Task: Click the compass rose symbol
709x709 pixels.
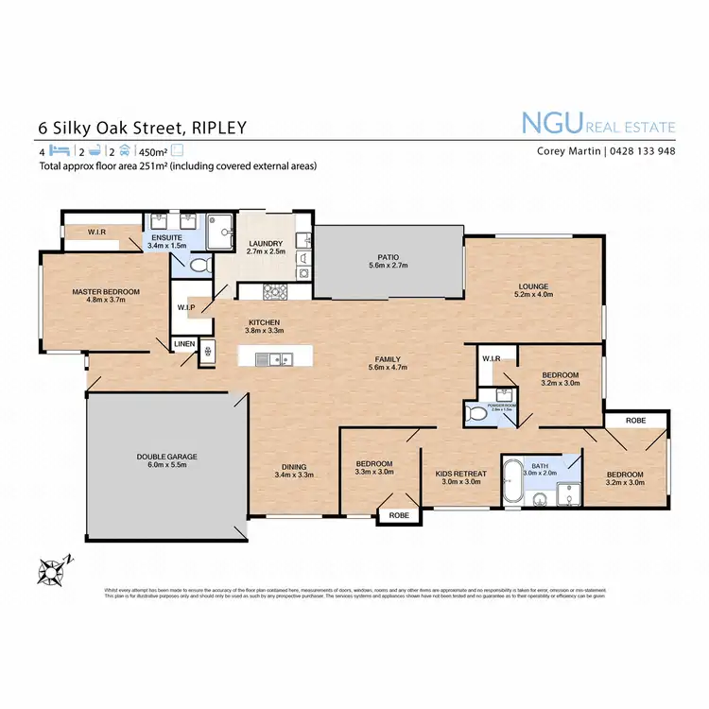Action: (50, 571)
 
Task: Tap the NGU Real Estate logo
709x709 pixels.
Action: (598, 123)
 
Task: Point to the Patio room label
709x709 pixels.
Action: (389, 256)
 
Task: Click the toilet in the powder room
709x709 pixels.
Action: (474, 411)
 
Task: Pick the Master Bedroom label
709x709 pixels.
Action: (106, 292)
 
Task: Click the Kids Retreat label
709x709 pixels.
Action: (460, 474)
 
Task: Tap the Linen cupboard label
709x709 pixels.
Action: (183, 345)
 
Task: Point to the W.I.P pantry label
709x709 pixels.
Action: (186, 307)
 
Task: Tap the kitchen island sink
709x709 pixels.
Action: (274, 358)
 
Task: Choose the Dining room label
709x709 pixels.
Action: (293, 465)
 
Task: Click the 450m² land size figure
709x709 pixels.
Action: (151, 151)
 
